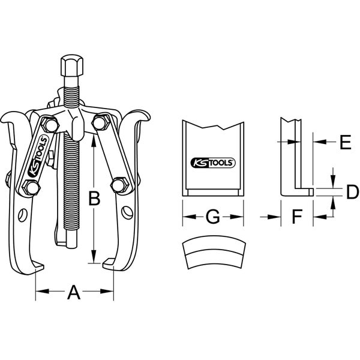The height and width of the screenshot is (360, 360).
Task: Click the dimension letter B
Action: click(x=94, y=197)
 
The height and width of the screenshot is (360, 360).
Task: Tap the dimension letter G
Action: click(x=212, y=217)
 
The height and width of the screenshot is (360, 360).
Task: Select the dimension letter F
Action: click(x=295, y=217)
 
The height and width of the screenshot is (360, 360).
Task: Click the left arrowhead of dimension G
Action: click(x=184, y=217)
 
